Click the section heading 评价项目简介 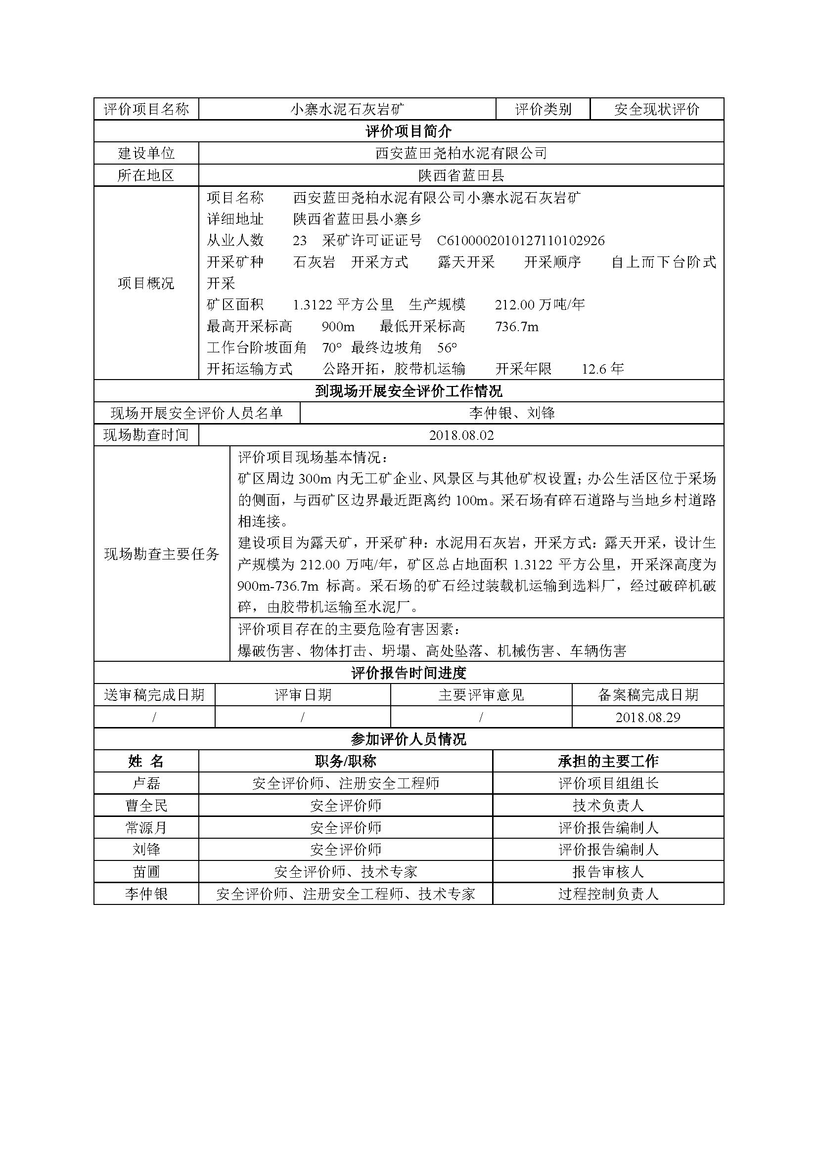[x=409, y=131]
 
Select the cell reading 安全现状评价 [x=656, y=109]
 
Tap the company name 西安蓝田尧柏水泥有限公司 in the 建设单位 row [x=461, y=153]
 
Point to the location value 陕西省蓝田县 [x=461, y=175]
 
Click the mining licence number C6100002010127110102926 [x=521, y=241]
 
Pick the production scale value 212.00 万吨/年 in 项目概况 [x=540, y=304]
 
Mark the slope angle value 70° [x=332, y=348]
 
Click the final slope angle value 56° [x=447, y=348]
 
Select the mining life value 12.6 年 [x=603, y=369]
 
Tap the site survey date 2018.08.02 [x=461, y=435]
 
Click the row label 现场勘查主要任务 [x=162, y=554]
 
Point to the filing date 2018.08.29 [x=648, y=717]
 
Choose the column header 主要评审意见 [x=481, y=695]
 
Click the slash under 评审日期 [x=302, y=717]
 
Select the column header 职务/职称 [x=346, y=761]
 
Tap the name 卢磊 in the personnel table [x=146, y=783]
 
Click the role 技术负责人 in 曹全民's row [x=608, y=806]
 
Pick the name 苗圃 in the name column [x=146, y=871]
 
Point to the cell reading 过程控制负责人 [x=608, y=894]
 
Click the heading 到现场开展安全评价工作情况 [x=409, y=391]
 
